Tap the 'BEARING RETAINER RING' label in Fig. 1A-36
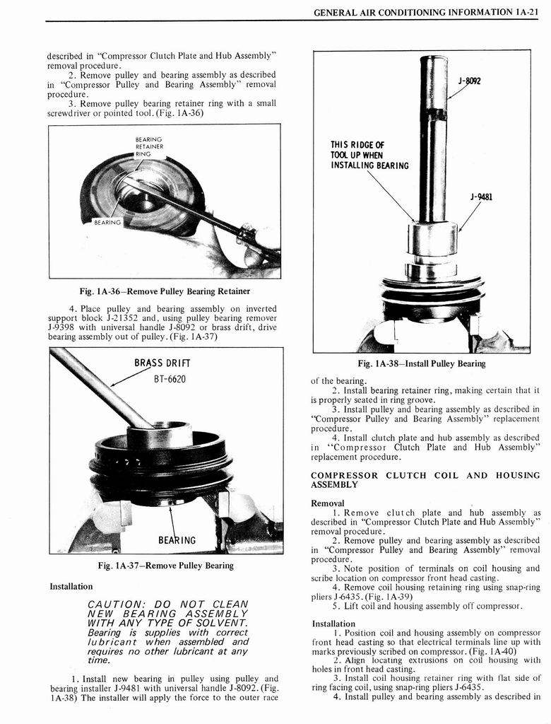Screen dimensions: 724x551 click(x=148, y=146)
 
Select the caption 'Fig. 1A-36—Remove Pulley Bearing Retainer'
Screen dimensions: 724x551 click(x=165, y=291)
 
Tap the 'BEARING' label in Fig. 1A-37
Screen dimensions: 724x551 click(x=177, y=540)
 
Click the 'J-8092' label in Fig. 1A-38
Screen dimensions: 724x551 click(x=469, y=81)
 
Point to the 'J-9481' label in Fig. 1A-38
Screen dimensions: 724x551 click(x=481, y=197)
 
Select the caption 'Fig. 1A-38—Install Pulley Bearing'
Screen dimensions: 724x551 click(x=422, y=363)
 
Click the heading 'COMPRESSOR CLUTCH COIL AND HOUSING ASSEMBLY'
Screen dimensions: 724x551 click(x=425, y=479)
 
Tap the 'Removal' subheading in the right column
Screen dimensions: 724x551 click(x=328, y=503)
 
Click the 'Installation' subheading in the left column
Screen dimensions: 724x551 click(x=71, y=586)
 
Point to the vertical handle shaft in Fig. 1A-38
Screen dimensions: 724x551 click(x=432, y=141)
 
